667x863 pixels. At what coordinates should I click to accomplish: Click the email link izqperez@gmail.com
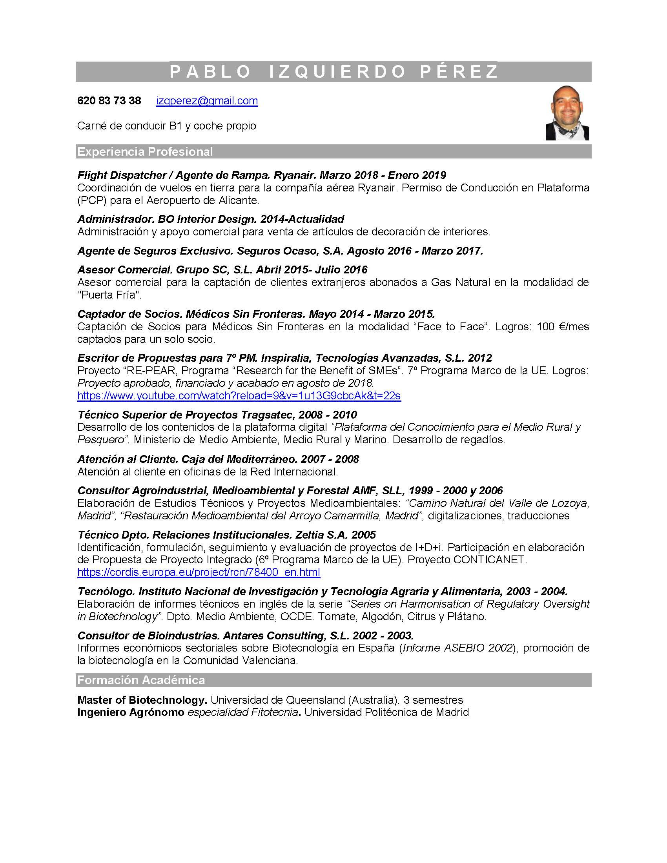click(x=207, y=101)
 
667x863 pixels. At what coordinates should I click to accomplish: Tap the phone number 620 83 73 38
click(x=109, y=101)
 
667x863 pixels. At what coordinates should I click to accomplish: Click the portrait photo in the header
click(x=567, y=113)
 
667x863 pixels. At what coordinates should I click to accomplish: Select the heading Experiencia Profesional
click(x=145, y=152)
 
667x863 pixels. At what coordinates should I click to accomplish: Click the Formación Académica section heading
click(x=141, y=680)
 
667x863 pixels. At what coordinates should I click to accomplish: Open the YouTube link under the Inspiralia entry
click(x=239, y=395)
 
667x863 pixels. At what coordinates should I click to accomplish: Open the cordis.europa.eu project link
click(x=199, y=572)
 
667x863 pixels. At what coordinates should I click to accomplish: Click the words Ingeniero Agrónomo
click(x=131, y=712)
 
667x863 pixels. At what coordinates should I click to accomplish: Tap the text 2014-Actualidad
click(x=302, y=219)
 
